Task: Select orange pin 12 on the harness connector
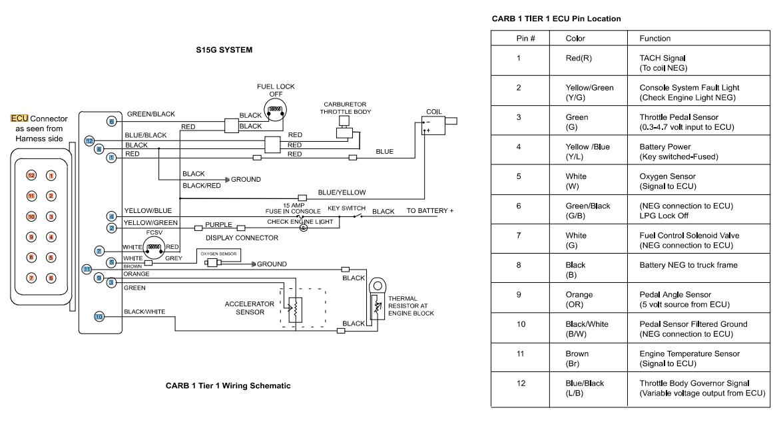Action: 30,176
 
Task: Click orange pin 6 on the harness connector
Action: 51,277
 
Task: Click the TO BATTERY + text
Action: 429,211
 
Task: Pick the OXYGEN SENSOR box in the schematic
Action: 218,254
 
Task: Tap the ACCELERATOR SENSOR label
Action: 249,308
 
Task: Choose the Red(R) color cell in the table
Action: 579,59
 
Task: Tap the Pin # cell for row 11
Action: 518,354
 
